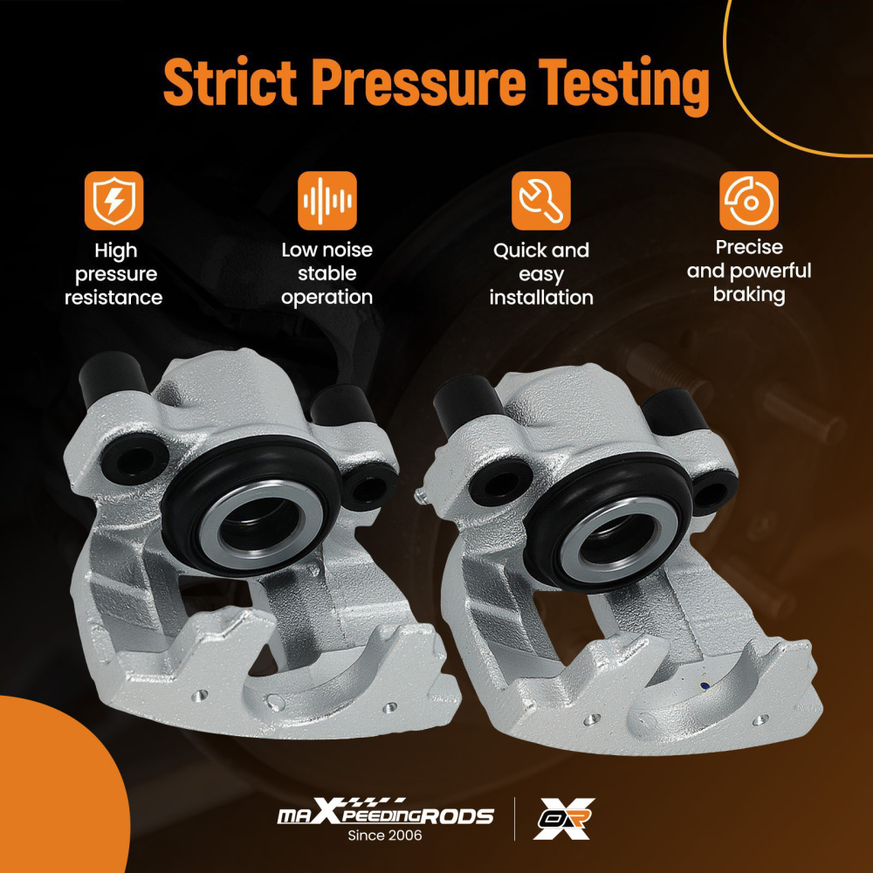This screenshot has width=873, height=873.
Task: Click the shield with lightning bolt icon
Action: pos(113,201)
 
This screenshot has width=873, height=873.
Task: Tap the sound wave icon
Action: pos(327,201)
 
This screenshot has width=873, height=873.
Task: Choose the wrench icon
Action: pos(540,201)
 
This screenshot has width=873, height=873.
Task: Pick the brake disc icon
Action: pos(749,201)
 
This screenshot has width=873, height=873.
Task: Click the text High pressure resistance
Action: pos(113,274)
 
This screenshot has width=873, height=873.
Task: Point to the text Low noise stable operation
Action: pos(327,273)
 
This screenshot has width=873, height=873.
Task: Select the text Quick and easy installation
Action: pos(541,274)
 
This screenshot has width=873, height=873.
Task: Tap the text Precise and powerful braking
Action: pos(749,271)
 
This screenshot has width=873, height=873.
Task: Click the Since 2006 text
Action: pos(385,835)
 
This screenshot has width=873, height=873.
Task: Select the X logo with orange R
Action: pos(563,819)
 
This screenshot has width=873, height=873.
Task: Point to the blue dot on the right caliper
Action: pos(705,686)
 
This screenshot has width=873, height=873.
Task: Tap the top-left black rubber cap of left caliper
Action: pos(112,379)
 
